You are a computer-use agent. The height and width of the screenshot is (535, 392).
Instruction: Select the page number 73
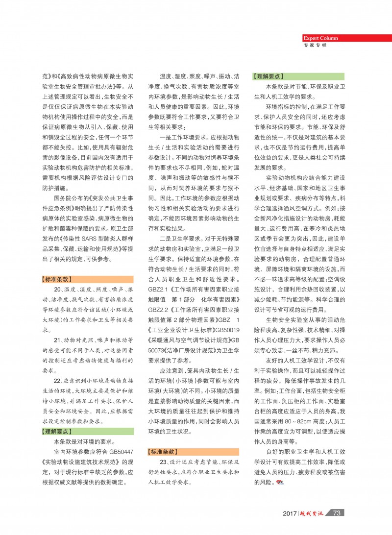(x=337, y=513)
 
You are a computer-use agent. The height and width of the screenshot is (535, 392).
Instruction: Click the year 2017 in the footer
(x=290, y=513)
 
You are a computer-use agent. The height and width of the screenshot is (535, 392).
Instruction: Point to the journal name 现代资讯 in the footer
(x=314, y=513)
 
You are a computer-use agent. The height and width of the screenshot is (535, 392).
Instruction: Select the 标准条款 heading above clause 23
(x=163, y=451)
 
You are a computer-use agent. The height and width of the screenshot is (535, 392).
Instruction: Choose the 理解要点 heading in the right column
(x=269, y=76)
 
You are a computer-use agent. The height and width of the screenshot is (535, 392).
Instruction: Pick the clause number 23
(x=163, y=462)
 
